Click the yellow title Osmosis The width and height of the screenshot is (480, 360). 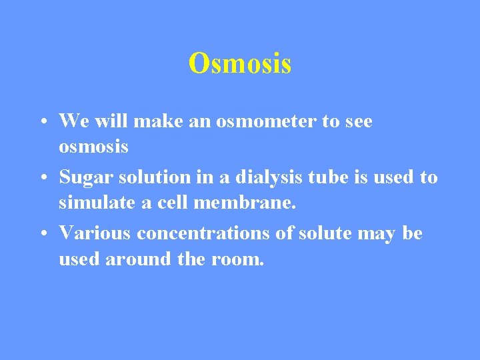click(240, 64)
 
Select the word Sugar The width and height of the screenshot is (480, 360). click(83, 177)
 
